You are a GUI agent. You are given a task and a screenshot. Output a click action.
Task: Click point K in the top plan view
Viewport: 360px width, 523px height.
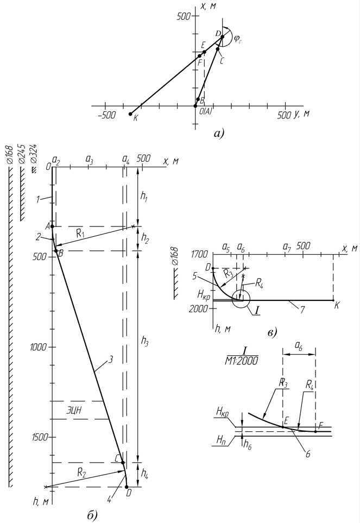[x=130, y=114]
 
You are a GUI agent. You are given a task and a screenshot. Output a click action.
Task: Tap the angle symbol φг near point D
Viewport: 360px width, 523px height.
[x=238, y=39]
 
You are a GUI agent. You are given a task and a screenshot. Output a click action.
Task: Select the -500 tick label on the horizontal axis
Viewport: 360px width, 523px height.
[x=107, y=115]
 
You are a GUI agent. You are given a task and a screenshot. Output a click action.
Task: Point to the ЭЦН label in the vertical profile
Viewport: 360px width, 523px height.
[x=72, y=410]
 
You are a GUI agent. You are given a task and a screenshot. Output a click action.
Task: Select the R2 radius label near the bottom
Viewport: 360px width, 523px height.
[x=82, y=472]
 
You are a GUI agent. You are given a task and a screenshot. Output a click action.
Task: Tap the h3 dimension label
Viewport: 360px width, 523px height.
[x=144, y=341]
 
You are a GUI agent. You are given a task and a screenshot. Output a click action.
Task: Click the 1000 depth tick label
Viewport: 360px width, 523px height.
[x=37, y=347]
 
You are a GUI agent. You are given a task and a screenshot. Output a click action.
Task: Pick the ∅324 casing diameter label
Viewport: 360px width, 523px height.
[x=34, y=154]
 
